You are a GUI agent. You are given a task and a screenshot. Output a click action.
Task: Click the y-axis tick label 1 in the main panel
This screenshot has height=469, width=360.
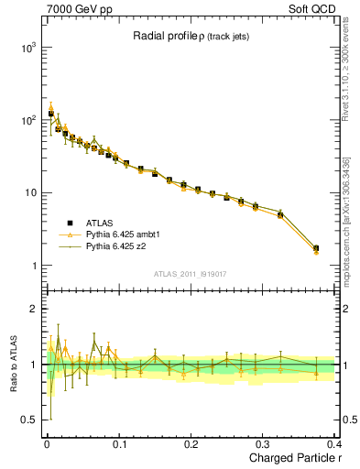point(31,267)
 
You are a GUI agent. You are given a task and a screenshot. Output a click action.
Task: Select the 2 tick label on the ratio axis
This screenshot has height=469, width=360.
point(31,310)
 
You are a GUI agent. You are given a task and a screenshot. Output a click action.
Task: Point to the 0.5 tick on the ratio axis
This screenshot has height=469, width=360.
point(27,420)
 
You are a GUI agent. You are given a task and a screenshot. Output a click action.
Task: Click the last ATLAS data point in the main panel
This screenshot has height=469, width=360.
point(316,248)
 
